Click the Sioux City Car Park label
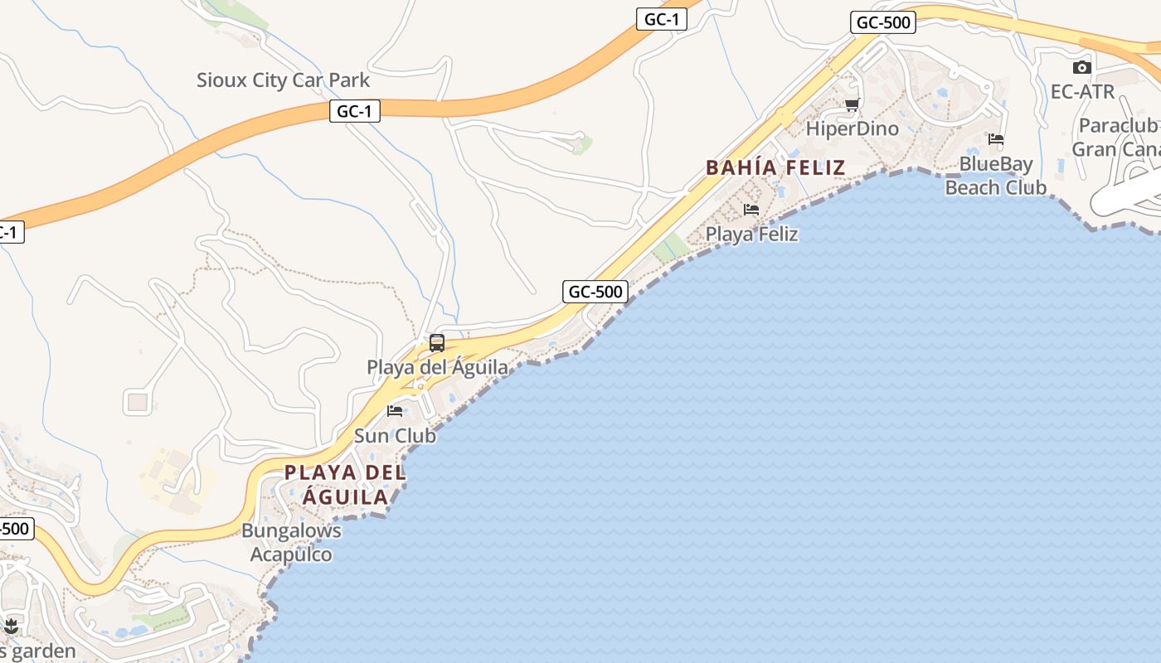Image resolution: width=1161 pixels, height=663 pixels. pyautogui.click(x=283, y=80)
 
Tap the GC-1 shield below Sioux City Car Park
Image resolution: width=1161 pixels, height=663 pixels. pyautogui.click(x=355, y=111)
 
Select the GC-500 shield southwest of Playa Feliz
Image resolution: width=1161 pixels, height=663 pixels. pyautogui.click(x=595, y=292)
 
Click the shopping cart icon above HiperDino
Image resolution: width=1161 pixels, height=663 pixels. pyautogui.click(x=852, y=104)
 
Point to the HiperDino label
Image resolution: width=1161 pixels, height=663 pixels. pyautogui.click(x=853, y=128)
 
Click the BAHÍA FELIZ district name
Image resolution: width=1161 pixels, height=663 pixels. pyautogui.click(x=775, y=167)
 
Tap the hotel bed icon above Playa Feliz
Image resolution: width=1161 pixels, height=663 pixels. pyautogui.click(x=751, y=210)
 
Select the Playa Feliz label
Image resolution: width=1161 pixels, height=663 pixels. pyautogui.click(x=751, y=234)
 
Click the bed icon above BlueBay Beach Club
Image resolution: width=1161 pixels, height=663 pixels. pyautogui.click(x=996, y=139)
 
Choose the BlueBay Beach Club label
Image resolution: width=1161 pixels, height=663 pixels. pyautogui.click(x=996, y=176)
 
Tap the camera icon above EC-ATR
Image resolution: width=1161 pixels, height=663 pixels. pyautogui.click(x=1082, y=68)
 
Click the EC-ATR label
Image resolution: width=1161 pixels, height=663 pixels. pyautogui.click(x=1082, y=92)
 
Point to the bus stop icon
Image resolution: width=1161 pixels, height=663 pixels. pyautogui.click(x=437, y=343)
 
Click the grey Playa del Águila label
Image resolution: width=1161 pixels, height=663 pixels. pyautogui.click(x=438, y=366)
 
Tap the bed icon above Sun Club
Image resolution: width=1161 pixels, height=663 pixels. pyautogui.click(x=395, y=411)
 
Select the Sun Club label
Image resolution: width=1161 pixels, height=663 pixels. pyautogui.click(x=395, y=435)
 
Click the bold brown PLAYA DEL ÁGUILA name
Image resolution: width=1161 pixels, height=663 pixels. pyautogui.click(x=345, y=485)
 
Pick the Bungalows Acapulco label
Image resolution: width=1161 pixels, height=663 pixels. pyautogui.click(x=291, y=543)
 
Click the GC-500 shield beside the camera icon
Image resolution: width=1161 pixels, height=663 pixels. pyautogui.click(x=883, y=22)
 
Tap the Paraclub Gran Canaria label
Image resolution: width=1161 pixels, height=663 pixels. pyautogui.click(x=1116, y=138)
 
